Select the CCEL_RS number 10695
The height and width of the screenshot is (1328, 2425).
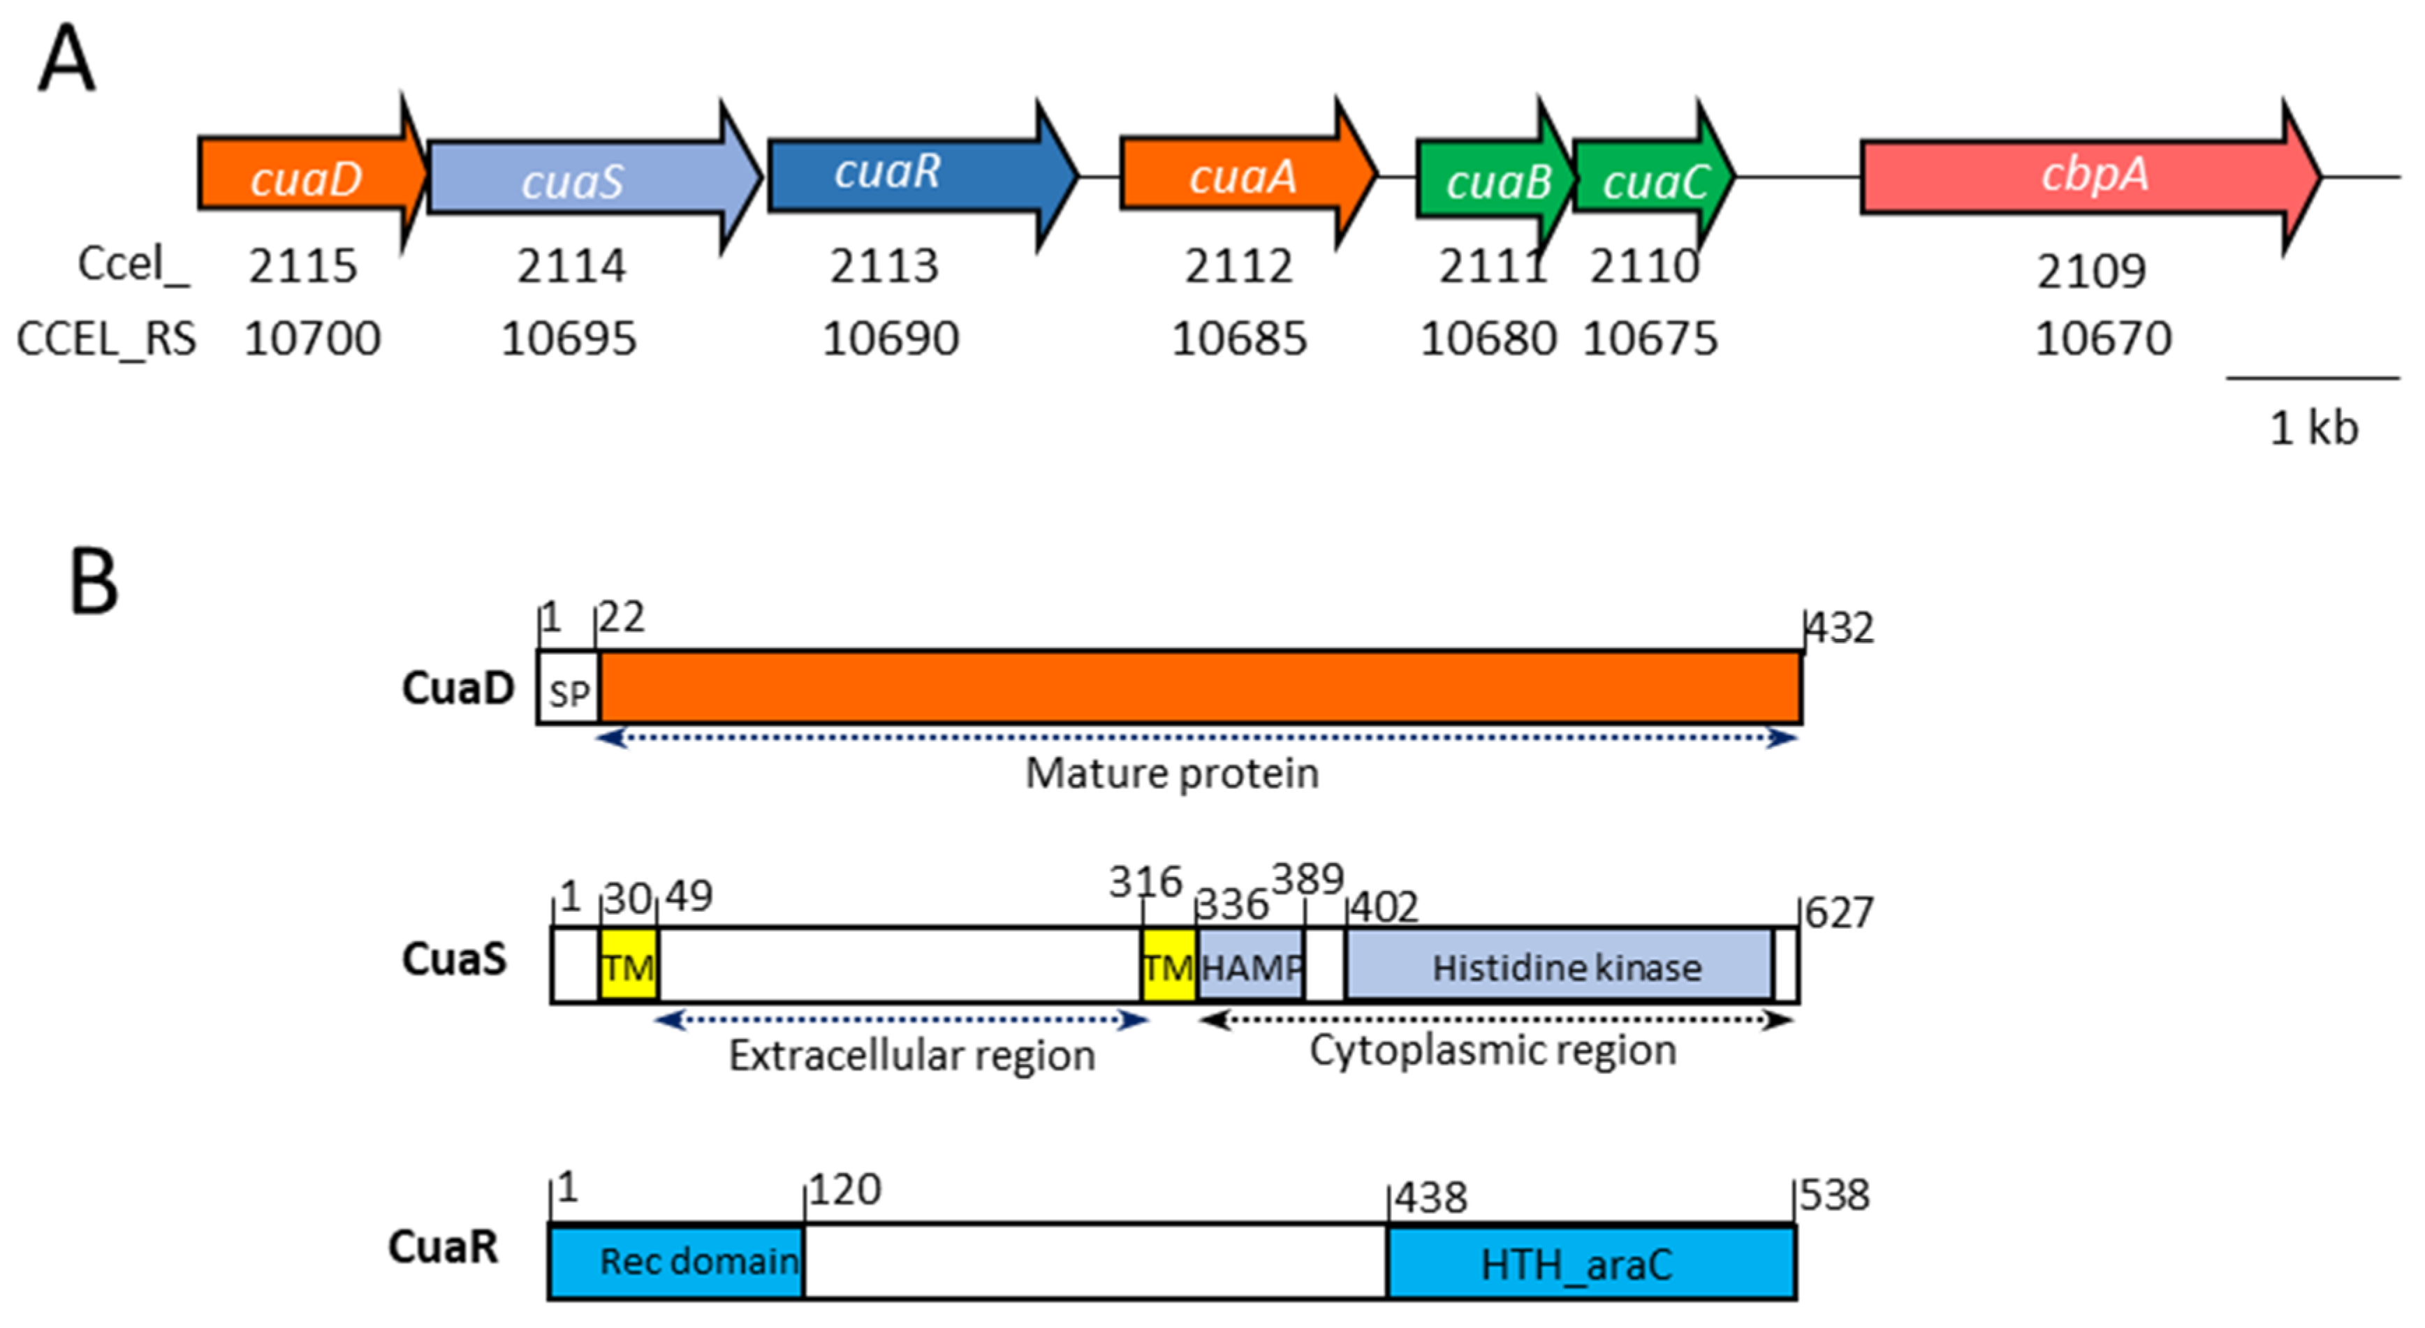pos(569,339)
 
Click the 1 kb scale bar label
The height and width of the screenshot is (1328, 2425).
pos(2313,429)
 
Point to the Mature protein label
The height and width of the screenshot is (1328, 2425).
pos(1171,774)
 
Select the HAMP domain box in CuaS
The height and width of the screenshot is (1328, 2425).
pos(1250,966)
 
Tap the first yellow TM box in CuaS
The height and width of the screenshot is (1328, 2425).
pos(628,966)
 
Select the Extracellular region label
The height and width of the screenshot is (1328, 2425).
pos(911,1055)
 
